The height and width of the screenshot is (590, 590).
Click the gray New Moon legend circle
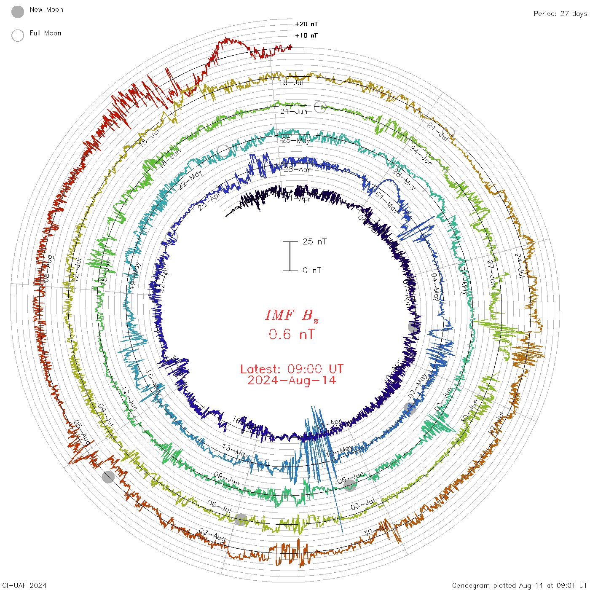point(17,12)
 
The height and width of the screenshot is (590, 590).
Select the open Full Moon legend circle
point(17,36)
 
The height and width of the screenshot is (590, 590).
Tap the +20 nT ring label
point(306,24)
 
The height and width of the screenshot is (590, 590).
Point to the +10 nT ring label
point(306,35)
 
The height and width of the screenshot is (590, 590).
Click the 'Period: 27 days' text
point(560,13)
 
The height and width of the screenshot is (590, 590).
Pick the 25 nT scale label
point(314,241)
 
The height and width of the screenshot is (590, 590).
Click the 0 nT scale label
point(312,271)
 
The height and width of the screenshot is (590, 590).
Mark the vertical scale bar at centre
point(290,256)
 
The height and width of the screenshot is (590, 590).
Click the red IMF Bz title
point(292,315)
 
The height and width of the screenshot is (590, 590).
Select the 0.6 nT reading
point(292,335)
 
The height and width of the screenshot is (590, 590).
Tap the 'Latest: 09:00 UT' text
point(292,369)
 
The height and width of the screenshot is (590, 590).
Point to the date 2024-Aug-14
point(292,381)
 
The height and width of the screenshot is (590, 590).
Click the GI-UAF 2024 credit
point(24,585)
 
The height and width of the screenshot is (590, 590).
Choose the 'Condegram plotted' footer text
point(519,585)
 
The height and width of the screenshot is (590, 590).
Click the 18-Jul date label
point(291,83)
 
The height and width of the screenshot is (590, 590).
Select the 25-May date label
point(296,140)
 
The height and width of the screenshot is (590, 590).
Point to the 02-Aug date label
point(212,535)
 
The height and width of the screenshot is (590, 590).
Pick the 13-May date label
point(235,451)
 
